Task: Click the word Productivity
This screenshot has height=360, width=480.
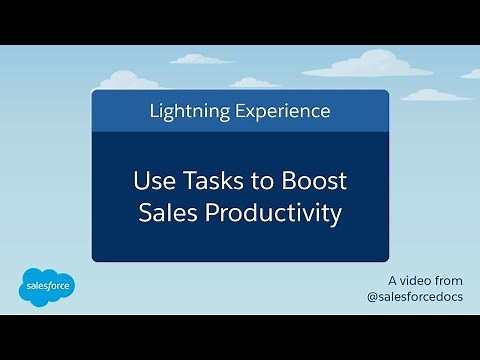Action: (x=273, y=213)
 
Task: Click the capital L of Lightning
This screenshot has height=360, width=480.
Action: (x=153, y=111)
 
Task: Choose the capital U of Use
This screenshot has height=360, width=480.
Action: (x=141, y=183)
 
